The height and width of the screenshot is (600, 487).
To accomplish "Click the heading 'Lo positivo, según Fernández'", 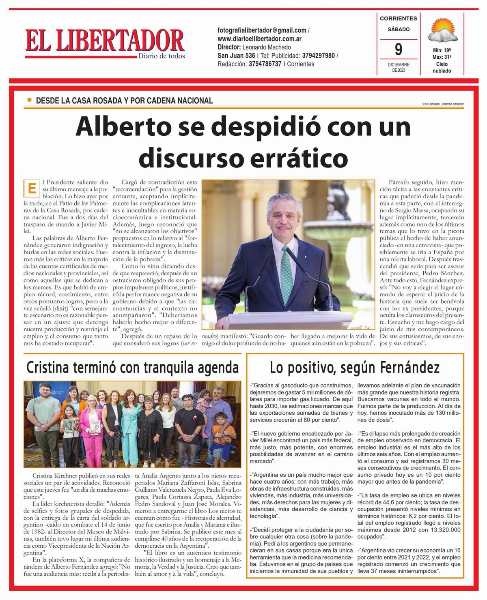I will (x=355, y=368).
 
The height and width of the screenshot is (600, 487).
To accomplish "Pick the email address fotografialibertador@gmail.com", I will (x=262, y=30).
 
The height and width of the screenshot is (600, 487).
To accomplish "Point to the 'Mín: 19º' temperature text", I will (x=442, y=51).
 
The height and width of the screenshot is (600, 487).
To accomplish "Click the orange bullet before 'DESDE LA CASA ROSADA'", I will (x=29, y=100).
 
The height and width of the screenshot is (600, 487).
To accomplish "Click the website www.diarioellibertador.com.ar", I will (x=259, y=39).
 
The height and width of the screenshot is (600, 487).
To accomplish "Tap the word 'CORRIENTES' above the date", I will (x=398, y=18).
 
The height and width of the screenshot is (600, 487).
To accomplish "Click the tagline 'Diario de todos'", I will (x=161, y=56).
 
